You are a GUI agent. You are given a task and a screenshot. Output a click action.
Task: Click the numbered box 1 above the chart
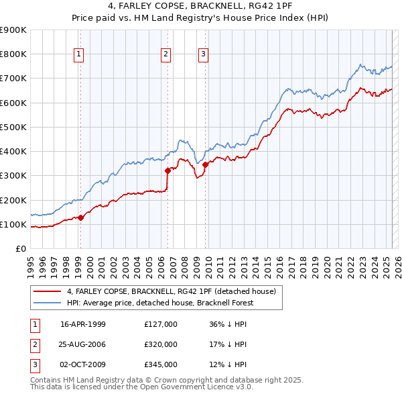(80, 55)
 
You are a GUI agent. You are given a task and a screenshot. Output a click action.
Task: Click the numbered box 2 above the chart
(166, 55)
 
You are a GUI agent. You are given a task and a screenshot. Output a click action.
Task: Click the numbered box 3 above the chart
(203, 55)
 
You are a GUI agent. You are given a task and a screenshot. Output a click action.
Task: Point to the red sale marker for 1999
(80, 217)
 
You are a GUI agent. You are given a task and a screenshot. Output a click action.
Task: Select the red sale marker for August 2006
(167, 170)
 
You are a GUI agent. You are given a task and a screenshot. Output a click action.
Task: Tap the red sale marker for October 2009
(204, 164)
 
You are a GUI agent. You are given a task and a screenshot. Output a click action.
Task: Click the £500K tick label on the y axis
(14, 127)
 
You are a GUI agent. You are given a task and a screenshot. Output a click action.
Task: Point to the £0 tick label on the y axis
(21, 248)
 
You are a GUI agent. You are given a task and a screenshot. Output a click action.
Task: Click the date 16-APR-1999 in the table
(83, 324)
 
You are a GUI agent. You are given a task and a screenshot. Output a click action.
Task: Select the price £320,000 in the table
(161, 344)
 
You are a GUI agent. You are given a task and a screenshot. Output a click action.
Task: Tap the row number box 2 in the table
(34, 344)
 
